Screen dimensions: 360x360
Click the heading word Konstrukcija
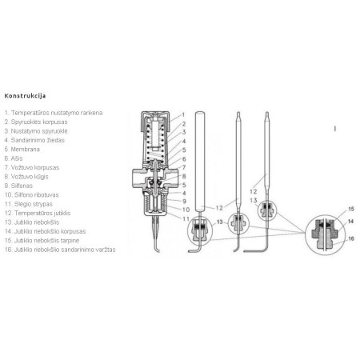[26, 95]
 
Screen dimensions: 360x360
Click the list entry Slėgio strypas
[30, 202]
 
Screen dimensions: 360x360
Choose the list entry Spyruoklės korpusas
[38, 122]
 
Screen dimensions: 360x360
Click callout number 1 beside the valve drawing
[183, 116]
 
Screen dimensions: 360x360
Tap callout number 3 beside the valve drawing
[183, 133]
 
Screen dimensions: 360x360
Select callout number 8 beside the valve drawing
[183, 176]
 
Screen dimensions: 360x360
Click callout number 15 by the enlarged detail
[350, 209]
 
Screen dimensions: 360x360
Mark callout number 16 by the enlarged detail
[350, 238]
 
